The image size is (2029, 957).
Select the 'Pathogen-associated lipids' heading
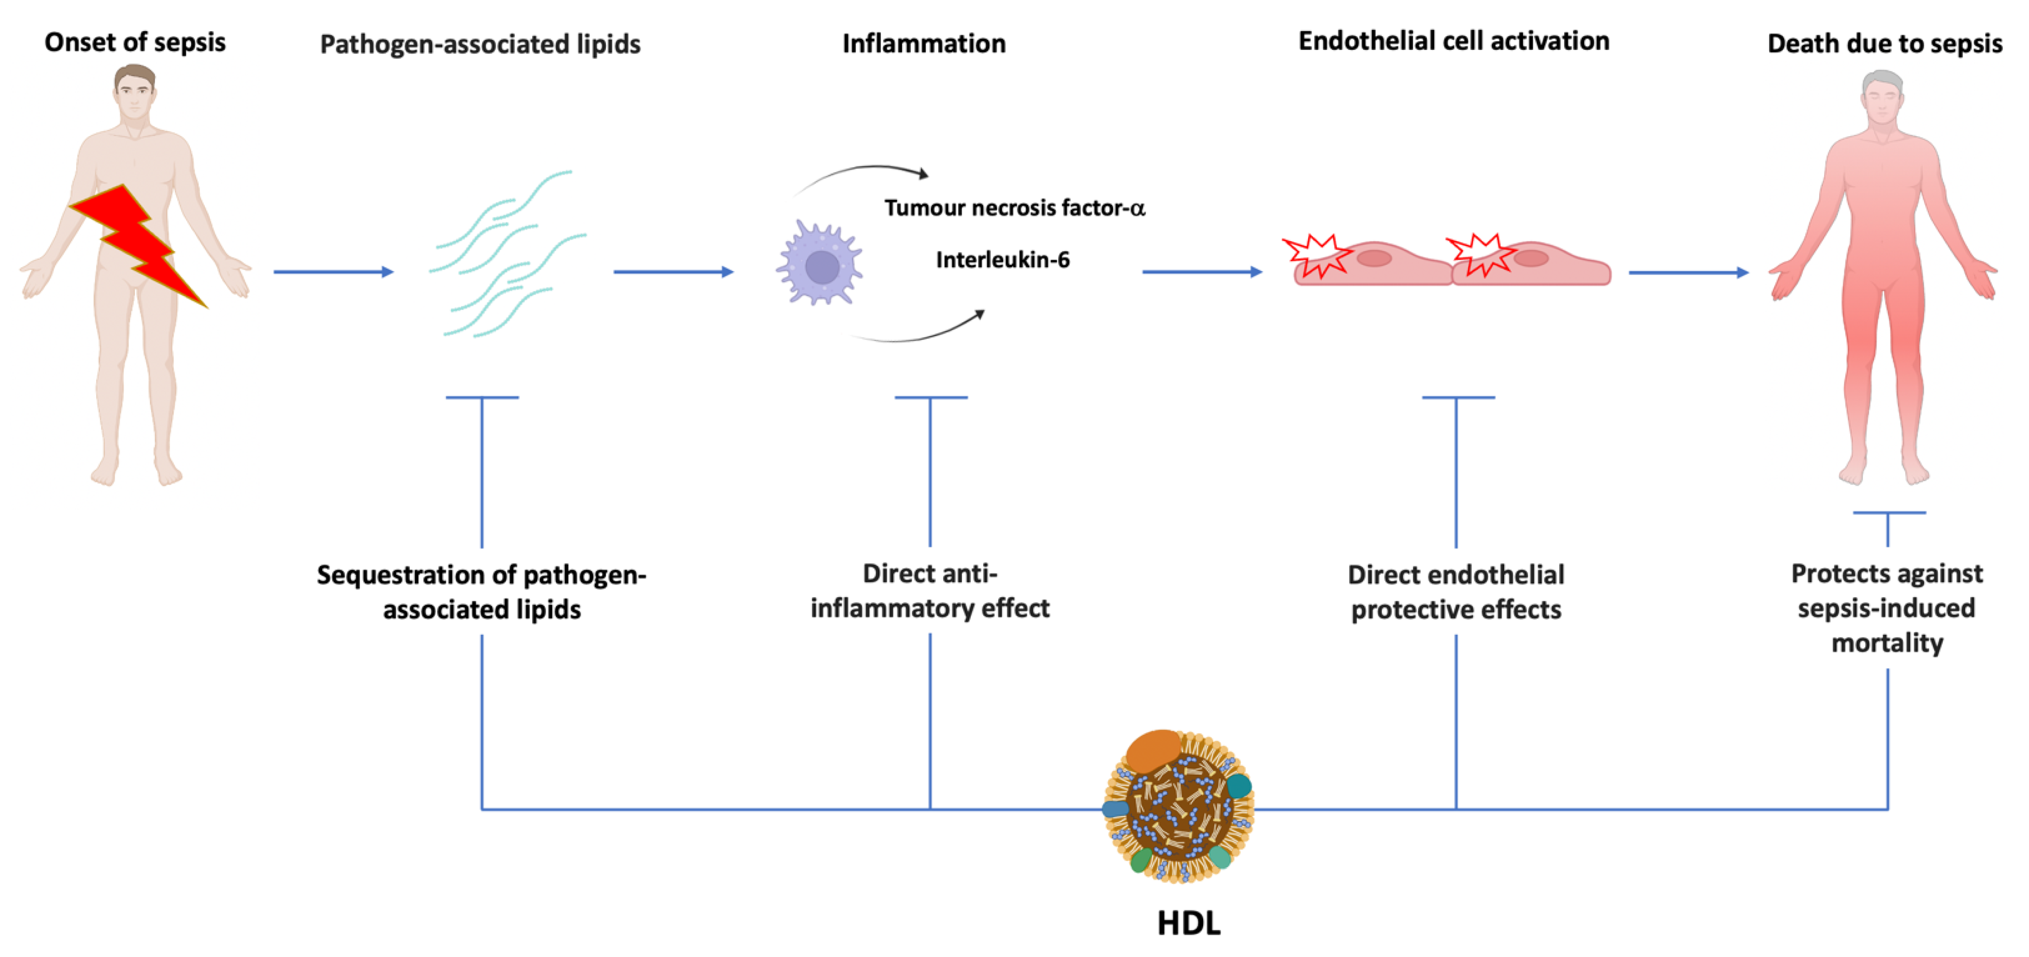click(480, 44)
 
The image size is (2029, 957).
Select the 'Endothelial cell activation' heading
click(1453, 41)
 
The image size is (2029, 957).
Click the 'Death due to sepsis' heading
click(1884, 44)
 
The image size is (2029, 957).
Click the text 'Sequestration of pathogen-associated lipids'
click(481, 592)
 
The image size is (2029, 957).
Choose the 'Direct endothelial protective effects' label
click(1456, 592)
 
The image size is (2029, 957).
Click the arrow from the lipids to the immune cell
click(673, 272)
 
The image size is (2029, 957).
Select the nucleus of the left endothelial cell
click(1374, 258)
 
